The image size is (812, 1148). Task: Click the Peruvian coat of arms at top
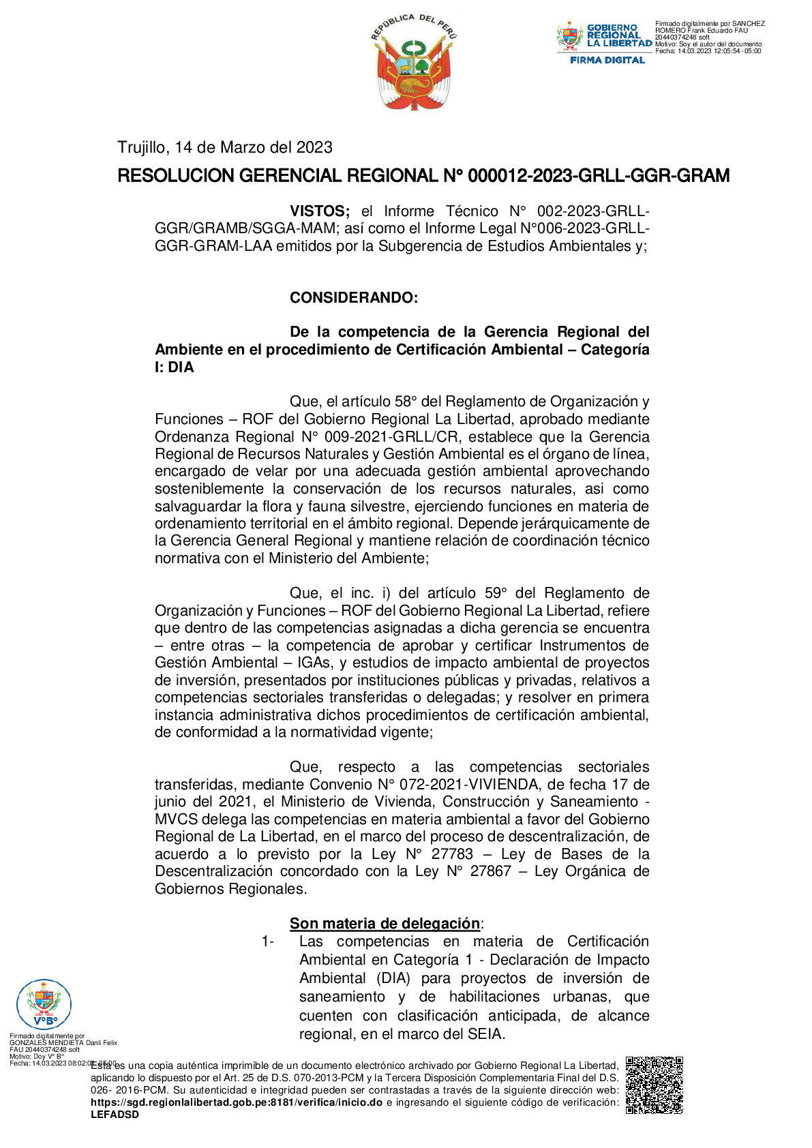click(413, 63)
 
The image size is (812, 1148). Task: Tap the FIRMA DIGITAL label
click(607, 60)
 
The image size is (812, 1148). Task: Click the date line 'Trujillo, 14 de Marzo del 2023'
click(224, 147)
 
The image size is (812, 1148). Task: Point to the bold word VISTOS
click(319, 211)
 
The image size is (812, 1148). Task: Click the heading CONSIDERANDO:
click(353, 298)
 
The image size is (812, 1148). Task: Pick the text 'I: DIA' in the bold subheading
click(175, 367)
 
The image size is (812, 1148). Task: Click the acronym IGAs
click(314, 663)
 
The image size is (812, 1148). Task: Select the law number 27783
click(451, 854)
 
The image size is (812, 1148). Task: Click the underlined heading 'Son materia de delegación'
click(385, 924)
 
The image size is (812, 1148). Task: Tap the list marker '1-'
click(267, 941)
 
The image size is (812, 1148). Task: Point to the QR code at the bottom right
click(654, 1085)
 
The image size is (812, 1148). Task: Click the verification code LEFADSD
click(115, 1115)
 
